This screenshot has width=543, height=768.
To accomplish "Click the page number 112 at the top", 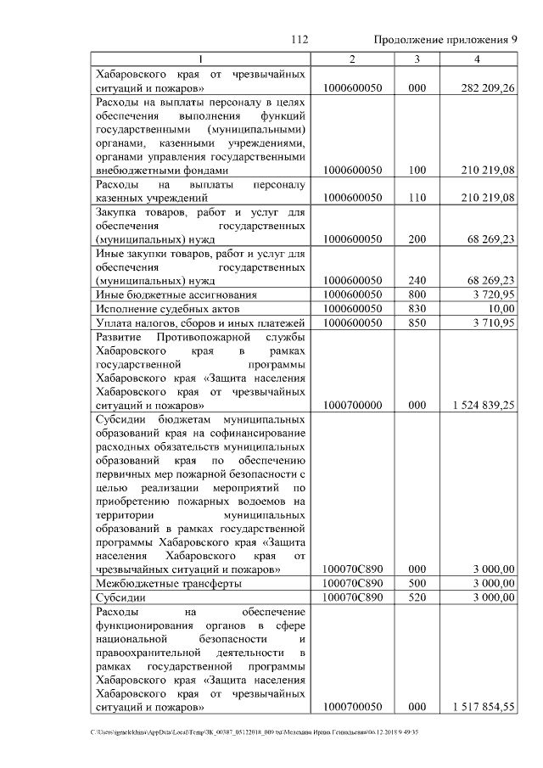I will [x=298, y=40].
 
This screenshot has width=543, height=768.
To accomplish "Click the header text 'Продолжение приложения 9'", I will [x=445, y=40].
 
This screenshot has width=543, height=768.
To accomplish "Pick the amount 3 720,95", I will [x=490, y=294].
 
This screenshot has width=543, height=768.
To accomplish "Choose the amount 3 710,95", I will [x=490, y=322].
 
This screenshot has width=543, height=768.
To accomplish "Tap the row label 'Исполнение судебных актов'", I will [x=158, y=308].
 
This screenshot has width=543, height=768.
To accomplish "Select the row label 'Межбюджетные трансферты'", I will [x=168, y=583].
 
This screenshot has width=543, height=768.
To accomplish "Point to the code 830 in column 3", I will [x=417, y=308].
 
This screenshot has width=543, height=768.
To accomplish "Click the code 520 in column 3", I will [x=417, y=597].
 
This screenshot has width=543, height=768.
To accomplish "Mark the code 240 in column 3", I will [x=417, y=279].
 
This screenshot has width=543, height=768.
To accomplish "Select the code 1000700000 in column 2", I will [x=353, y=406].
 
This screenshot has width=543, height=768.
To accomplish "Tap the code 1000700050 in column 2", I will [x=353, y=706].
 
